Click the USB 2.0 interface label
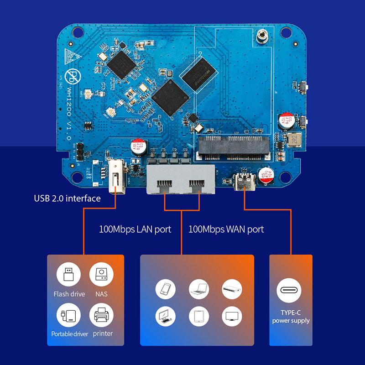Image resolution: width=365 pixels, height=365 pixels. pos(67,198)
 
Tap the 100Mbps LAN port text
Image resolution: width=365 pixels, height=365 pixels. pos(135,229)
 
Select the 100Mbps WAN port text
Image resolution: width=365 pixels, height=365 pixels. pos(226,229)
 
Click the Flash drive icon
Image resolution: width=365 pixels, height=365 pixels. pos(69,276)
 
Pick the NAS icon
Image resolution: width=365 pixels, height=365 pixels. pos(101,276)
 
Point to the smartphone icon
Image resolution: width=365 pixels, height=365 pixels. pos(166,289)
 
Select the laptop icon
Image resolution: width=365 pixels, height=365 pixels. pos(199,289)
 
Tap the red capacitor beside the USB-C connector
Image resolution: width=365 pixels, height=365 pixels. pos(265,176)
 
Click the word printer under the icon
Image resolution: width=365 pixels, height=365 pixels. pos(103,334)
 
